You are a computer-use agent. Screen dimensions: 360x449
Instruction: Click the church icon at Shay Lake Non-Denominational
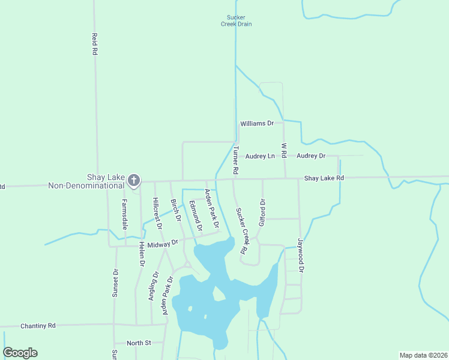pyautogui.click(x=134, y=179)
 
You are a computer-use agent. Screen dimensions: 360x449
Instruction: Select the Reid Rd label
pyautogui.click(x=94, y=44)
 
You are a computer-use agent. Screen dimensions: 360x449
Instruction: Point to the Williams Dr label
pyautogui.click(x=257, y=123)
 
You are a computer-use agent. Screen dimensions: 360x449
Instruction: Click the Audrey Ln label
pyautogui.click(x=260, y=156)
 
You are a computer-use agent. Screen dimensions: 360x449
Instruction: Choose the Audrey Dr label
pyautogui.click(x=311, y=156)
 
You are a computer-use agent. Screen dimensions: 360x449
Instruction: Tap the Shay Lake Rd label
pyautogui.click(x=324, y=178)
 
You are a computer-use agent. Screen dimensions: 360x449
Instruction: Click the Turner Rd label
pyautogui.click(x=236, y=161)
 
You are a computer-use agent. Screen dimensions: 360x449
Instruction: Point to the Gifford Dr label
pyautogui.click(x=262, y=212)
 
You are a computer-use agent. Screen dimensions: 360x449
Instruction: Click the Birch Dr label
pyautogui.click(x=176, y=211)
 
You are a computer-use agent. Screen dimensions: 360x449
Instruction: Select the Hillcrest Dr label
pyautogui.click(x=158, y=214)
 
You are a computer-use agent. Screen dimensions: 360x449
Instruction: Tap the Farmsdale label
pyautogui.click(x=125, y=214)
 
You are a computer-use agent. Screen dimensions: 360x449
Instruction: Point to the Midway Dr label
pyautogui.click(x=167, y=244)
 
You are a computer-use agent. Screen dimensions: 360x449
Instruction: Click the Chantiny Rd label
pyautogui.click(x=38, y=326)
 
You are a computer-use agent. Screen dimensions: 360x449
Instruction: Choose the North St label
pyautogui.click(x=139, y=343)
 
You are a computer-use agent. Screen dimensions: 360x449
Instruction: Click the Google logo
pyautogui.click(x=20, y=353)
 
